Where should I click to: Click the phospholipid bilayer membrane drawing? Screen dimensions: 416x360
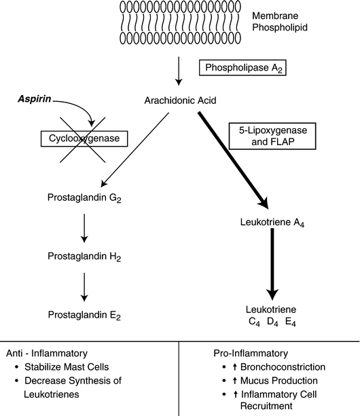179,22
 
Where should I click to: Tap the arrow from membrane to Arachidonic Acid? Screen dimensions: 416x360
178,69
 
